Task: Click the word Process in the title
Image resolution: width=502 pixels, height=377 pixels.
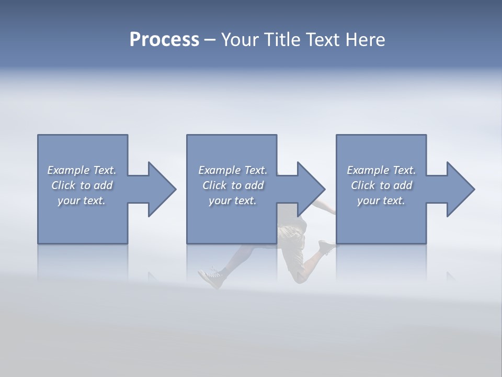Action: (164, 40)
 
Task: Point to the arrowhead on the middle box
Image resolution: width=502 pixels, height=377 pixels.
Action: (310, 190)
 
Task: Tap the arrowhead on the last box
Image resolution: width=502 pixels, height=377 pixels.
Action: (459, 190)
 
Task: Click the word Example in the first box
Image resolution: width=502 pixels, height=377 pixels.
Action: (69, 170)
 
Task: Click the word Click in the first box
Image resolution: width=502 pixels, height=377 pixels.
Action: (63, 185)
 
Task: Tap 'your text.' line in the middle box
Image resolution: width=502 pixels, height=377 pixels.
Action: (232, 201)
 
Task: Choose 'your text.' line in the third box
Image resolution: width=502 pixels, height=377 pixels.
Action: (381, 201)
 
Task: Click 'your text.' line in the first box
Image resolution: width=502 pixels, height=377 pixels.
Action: (81, 201)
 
